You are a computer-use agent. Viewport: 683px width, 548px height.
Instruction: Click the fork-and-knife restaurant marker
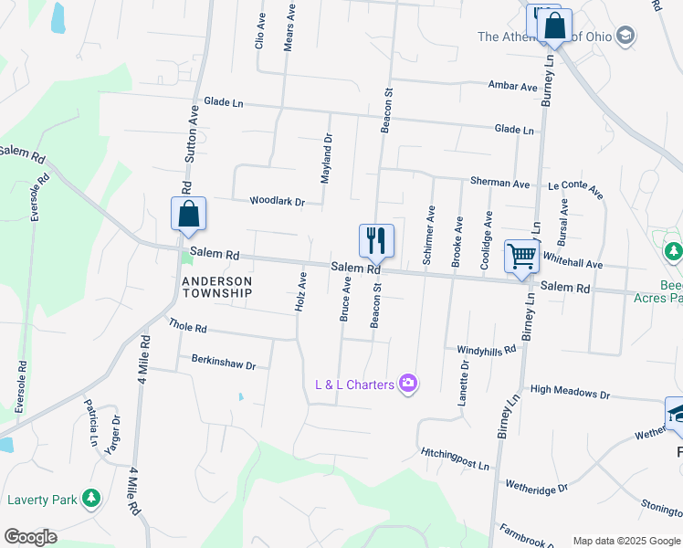coord(376,241)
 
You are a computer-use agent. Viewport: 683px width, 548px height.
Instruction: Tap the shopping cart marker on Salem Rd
coord(521,256)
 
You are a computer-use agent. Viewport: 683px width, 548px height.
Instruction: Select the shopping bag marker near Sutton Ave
coord(188,215)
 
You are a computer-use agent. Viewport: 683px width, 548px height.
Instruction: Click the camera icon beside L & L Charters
coord(408,384)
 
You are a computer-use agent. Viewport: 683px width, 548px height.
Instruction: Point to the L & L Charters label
coord(354,385)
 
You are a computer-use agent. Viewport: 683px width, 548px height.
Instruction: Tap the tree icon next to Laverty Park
coord(90,498)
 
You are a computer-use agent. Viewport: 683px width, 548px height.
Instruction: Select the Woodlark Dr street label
coord(277,201)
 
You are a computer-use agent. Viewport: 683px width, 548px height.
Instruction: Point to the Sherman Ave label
coord(499,183)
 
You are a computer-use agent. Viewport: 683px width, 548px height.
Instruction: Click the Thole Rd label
coord(187,325)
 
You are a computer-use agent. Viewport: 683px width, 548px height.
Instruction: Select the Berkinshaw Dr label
coord(223,364)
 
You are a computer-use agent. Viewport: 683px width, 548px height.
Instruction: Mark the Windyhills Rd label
coord(487,350)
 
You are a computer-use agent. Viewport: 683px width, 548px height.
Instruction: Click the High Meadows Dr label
coord(569,393)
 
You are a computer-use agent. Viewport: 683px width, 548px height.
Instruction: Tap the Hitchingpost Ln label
coord(455,458)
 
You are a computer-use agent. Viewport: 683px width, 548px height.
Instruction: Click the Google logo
coord(30,537)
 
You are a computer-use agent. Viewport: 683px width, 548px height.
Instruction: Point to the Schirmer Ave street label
coord(429,236)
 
